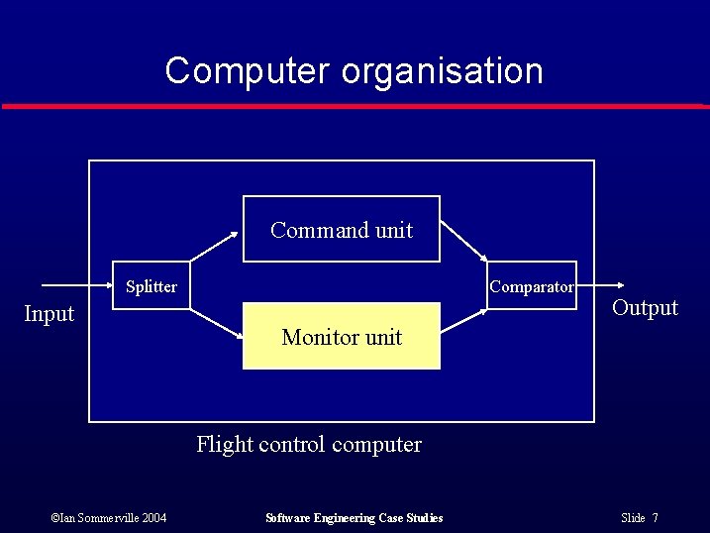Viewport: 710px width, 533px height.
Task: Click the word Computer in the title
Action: [248, 71]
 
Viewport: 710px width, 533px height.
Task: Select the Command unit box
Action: [342, 229]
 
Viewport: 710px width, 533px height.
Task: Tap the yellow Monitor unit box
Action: [342, 337]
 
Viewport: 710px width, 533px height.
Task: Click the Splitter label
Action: [152, 286]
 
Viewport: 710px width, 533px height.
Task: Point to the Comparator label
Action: [532, 286]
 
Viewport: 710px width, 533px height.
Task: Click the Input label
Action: [49, 314]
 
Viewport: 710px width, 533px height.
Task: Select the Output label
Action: [645, 307]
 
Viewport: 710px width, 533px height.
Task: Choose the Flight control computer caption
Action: [309, 444]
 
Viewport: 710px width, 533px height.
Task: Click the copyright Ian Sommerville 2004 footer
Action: [108, 518]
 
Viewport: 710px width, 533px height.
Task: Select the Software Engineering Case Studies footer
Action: [355, 518]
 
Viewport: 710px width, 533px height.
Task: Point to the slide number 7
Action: [656, 518]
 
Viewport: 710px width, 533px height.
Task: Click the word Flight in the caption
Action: [224, 444]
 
